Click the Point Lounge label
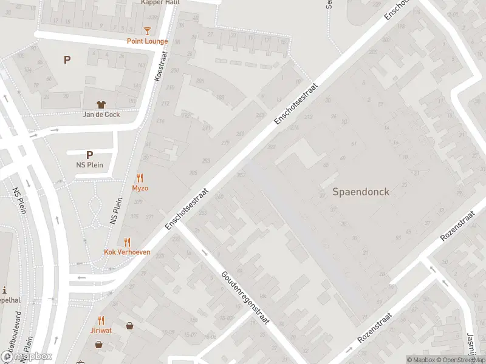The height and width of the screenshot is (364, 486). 147,41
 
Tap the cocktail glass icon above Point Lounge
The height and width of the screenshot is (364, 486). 147,30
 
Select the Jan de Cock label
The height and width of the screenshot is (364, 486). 101,114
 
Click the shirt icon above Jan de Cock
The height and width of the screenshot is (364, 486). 101,104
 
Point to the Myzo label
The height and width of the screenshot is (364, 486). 140,188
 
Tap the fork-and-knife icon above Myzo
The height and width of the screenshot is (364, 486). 140,178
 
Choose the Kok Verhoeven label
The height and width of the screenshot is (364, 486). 127,252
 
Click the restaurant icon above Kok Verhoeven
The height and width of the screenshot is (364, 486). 127,241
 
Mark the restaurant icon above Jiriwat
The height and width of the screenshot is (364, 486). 101,320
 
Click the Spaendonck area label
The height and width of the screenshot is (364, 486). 361,192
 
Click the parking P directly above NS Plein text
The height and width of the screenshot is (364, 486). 89,155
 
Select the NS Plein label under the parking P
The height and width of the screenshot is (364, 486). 89,164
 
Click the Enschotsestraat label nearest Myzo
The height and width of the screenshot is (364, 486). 187,208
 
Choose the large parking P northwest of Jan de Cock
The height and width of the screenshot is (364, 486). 67,59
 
